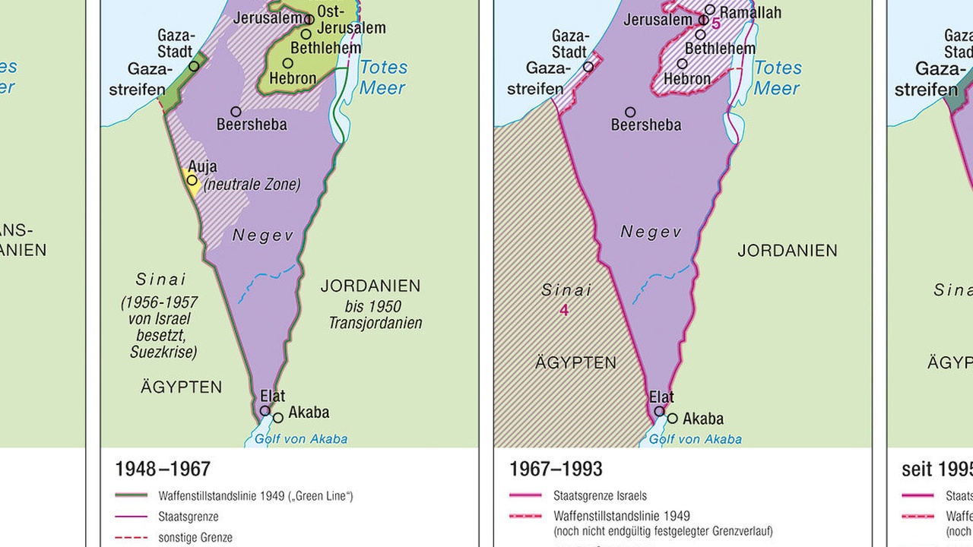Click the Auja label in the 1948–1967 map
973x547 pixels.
click(202, 166)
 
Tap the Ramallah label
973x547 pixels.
click(750, 12)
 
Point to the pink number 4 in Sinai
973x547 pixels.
click(564, 310)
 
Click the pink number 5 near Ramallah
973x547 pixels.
click(716, 24)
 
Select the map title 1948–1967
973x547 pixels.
click(162, 469)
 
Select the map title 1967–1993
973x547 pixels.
click(556, 469)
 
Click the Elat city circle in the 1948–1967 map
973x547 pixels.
click(265, 410)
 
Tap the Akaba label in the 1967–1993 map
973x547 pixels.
click(703, 419)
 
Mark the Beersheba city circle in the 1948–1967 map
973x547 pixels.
click(236, 112)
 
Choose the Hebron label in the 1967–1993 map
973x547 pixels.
click(687, 78)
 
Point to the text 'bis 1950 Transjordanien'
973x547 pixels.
click(375, 315)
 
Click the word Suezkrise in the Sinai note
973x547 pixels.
click(163, 352)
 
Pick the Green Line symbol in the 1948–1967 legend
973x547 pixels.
click(131, 496)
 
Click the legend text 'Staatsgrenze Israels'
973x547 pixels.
click(601, 496)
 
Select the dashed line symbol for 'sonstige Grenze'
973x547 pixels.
click(131, 537)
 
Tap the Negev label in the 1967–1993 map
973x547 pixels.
click(651, 232)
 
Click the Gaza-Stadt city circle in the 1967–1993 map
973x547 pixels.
click(588, 67)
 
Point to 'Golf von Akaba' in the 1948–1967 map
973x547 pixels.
click(300, 438)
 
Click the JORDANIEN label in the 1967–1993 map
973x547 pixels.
click(788, 251)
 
